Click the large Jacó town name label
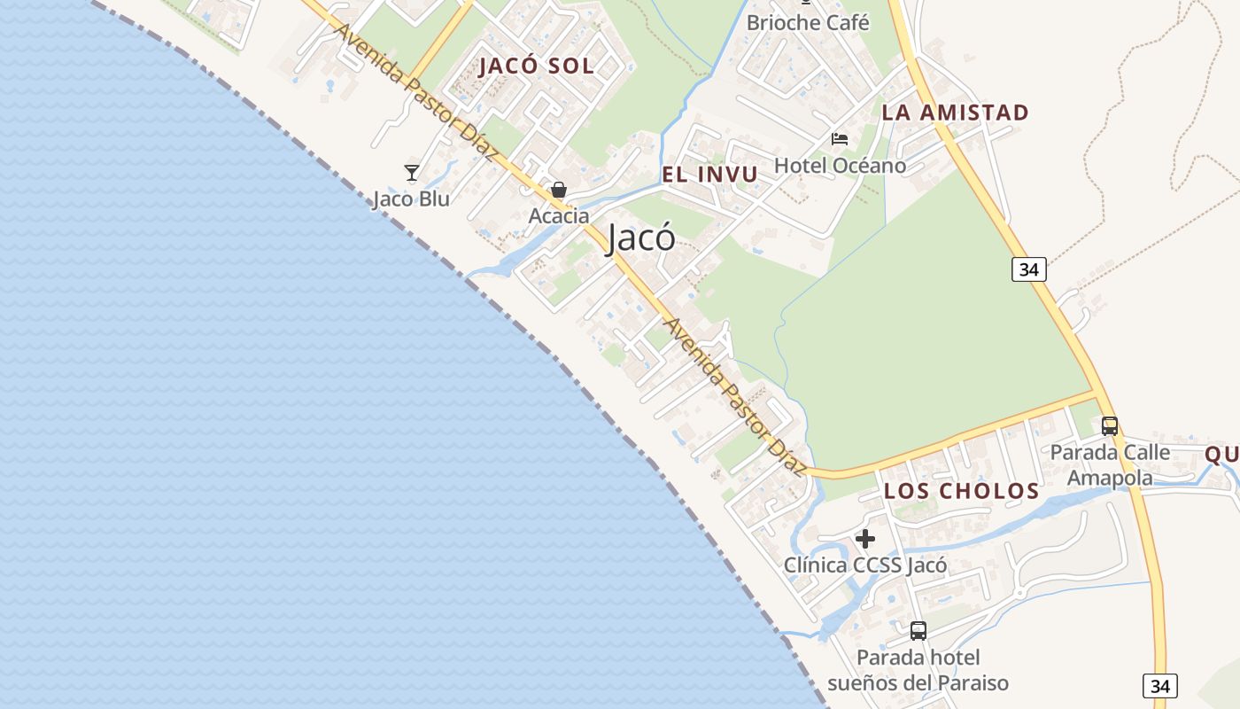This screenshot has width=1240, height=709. [641, 238]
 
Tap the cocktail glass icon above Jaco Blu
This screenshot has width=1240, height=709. [411, 173]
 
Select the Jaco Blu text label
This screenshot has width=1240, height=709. [411, 199]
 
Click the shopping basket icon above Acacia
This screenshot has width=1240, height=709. [559, 190]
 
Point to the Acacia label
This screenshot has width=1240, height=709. [559, 215]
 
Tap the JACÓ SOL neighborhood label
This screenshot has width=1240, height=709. [537, 66]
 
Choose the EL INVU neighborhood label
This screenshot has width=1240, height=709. [710, 175]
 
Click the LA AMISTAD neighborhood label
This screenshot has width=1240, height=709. [955, 113]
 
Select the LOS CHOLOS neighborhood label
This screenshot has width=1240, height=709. [961, 491]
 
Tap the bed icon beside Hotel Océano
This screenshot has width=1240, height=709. [840, 139]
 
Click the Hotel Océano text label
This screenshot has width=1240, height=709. [840, 166]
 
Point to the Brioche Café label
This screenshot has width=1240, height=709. [808, 23]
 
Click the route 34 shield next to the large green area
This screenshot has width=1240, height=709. [1028, 269]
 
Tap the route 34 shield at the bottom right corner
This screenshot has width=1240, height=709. [1159, 685]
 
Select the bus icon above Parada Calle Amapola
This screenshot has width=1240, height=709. [1109, 426]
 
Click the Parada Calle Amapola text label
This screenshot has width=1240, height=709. [1110, 465]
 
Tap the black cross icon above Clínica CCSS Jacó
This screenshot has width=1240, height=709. [865, 538]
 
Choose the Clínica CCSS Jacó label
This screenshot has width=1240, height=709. [865, 565]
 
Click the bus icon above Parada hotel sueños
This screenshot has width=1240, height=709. [918, 631]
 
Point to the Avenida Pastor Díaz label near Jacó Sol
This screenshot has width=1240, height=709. [415, 92]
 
